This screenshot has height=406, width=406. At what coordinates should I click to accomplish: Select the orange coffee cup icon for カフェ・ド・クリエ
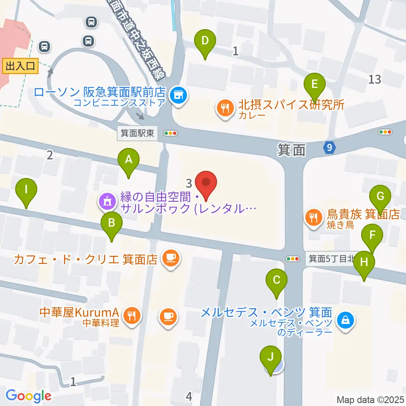[170, 258]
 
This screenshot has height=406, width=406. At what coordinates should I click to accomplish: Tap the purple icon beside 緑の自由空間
[107, 202]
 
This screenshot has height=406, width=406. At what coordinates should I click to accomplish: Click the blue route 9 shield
[330, 148]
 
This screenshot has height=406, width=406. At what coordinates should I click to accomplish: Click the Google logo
[28, 396]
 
